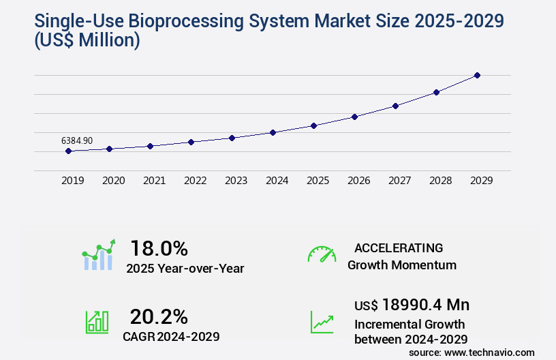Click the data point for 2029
pos(477,75)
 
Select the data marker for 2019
pos(68,151)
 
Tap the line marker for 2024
pos(273,132)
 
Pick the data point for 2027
pos(395,106)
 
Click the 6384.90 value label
pos(77,140)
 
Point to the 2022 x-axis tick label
pos(195,181)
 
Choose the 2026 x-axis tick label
pos(358,181)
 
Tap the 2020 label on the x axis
pos(113,181)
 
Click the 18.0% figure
pos(159,247)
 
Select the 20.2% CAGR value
pos(159,316)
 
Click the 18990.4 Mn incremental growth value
pos(412,304)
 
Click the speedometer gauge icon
pos(322,254)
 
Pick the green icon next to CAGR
pos(97,322)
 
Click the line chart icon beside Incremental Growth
pos(322,322)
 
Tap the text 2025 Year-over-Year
pos(185,269)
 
